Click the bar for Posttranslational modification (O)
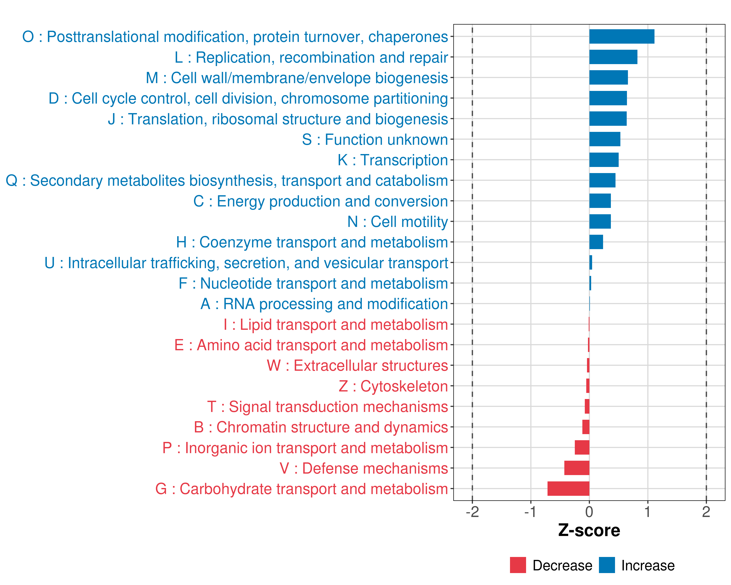[622, 37]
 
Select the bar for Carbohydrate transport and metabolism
[568, 489]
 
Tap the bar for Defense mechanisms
[577, 468]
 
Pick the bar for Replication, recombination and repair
[613, 57]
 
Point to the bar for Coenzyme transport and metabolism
[596, 242]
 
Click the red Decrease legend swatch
[518, 565]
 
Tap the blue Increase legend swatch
[606, 565]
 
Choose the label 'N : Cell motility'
[397, 222]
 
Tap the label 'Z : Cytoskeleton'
[393, 386]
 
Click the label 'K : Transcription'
[393, 160]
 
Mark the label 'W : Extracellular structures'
[357, 366]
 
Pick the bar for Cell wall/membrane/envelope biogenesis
[608, 78]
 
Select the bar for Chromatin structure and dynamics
[586, 427]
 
